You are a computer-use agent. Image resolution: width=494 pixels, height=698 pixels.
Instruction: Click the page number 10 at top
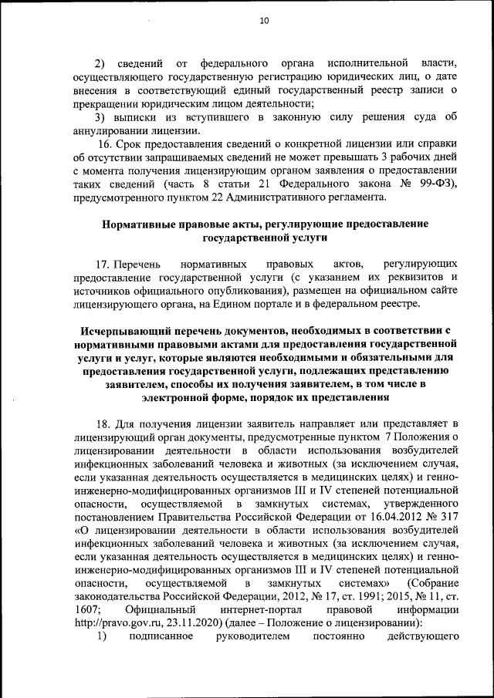pos(264,22)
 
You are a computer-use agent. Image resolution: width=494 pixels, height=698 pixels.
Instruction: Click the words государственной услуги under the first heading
pos(264,238)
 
